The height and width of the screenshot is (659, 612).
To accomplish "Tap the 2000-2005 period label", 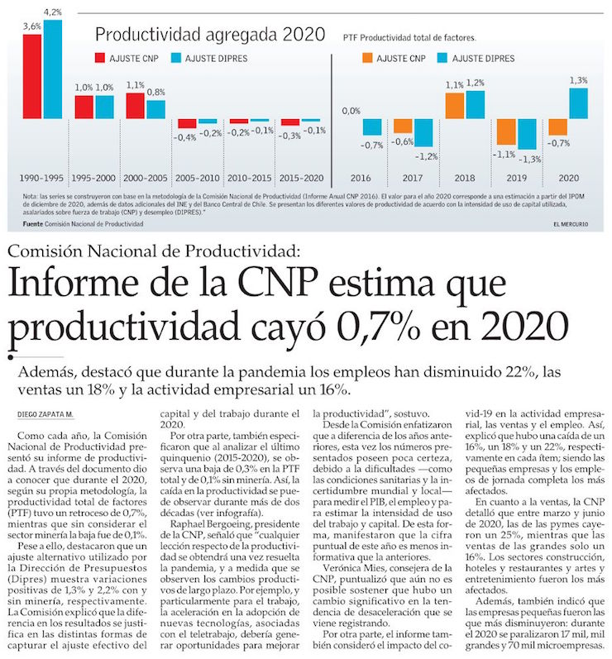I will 145,177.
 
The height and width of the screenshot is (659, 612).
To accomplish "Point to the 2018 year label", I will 463,177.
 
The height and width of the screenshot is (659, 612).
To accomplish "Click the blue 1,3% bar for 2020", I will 579,103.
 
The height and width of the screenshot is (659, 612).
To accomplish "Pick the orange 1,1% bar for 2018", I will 453,106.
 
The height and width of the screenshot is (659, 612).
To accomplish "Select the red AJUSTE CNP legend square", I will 100,59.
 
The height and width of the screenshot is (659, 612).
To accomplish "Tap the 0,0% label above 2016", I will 351,110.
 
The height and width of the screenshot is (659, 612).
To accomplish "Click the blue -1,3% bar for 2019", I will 526,135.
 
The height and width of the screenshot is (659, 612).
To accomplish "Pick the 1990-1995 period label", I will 42,177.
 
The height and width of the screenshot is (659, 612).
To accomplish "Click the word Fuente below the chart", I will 34,224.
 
